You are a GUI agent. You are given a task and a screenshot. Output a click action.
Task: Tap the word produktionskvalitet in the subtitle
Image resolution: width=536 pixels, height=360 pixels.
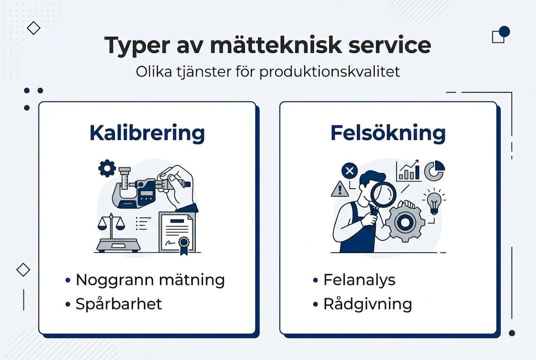[329, 71]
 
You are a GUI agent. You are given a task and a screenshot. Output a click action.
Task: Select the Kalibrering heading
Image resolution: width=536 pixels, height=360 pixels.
[147, 133]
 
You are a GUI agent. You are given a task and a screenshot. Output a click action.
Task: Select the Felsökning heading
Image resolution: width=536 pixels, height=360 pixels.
[388, 133]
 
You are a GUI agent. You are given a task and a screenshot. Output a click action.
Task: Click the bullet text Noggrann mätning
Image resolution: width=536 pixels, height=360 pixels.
[150, 280]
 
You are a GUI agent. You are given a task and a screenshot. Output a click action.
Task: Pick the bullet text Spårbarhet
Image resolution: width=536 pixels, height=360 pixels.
[119, 304]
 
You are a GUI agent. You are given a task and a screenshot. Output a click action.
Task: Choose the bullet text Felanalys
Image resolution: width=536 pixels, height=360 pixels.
[359, 280]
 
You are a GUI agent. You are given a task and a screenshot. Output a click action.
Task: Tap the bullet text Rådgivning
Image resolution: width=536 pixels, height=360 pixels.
[368, 304]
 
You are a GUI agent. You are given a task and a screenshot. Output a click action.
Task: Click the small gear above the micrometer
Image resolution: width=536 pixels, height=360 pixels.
[107, 168]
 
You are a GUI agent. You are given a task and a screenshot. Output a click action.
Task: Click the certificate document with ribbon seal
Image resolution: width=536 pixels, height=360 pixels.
[177, 232]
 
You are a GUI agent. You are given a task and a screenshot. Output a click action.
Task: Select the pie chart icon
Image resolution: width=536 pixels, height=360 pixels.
[434, 170]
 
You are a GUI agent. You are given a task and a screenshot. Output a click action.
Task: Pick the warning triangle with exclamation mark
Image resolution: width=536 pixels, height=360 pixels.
[340, 189]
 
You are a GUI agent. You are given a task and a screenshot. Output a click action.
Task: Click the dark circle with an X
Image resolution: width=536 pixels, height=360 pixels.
[350, 171]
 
